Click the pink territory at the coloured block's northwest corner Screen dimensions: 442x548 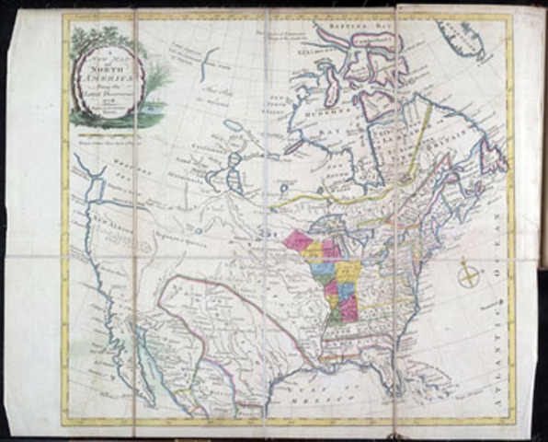[299, 241]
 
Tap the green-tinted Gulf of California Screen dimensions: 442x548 [147, 341]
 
